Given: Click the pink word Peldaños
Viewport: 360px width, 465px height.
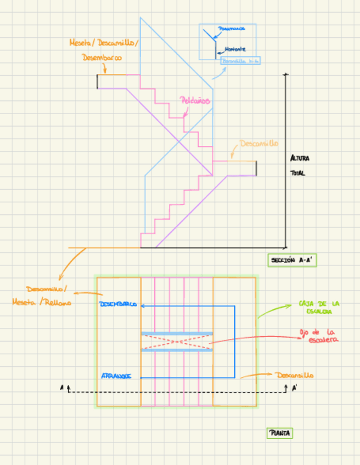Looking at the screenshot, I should point(195,101).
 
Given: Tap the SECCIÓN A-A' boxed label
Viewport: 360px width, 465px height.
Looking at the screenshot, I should point(292,260).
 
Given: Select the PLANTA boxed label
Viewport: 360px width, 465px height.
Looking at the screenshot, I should point(280,433).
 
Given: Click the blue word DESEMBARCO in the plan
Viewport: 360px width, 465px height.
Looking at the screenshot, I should point(117,304).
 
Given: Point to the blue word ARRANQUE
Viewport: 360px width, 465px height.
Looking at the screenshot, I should point(116,376).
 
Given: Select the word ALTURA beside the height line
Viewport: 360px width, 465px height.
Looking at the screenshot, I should point(300,158).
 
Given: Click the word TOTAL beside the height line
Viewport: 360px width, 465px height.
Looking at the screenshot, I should point(297,173).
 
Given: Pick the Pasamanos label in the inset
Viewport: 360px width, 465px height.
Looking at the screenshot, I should point(231,29).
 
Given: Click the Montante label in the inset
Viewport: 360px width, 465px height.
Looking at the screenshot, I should point(235,49).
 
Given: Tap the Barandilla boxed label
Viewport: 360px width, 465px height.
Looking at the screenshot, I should point(240,61).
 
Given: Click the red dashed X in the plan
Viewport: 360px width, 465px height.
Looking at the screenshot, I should point(177,342).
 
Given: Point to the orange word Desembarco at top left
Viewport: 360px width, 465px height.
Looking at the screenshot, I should point(102,57).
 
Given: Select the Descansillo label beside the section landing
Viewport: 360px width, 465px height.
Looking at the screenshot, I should point(259,144).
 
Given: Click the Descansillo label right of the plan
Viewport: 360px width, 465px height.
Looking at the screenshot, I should point(295,376).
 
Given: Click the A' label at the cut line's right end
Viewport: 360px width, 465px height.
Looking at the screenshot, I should point(295,388).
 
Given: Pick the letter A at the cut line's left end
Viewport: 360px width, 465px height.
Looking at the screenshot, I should point(61,388).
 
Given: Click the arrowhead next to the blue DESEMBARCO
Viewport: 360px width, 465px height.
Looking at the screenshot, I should point(143,305).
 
